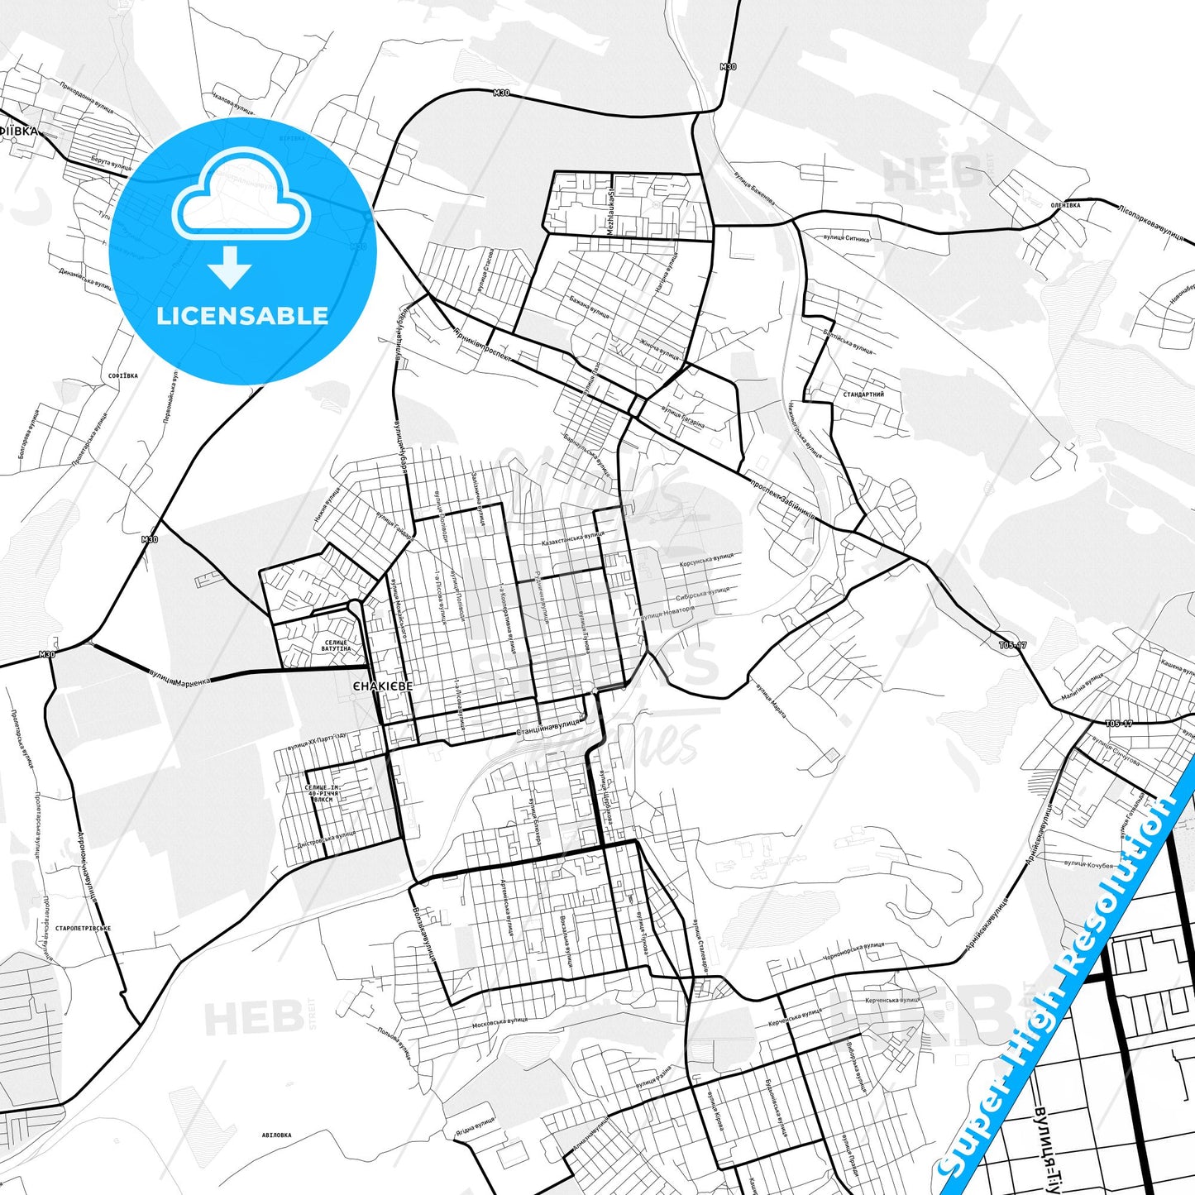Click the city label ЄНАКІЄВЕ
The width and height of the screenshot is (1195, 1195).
pyautogui.click(x=380, y=686)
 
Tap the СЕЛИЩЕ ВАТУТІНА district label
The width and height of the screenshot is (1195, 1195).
pyautogui.click(x=336, y=645)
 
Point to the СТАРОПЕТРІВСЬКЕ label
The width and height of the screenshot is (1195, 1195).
pyautogui.click(x=84, y=929)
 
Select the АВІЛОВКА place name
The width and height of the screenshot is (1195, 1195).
pyautogui.click(x=276, y=1135)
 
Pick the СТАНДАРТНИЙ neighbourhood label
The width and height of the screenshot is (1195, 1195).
pyautogui.click(x=863, y=394)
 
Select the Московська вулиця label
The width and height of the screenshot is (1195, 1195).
pyautogui.click(x=500, y=1025)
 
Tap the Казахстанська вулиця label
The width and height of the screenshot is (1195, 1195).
pyautogui.click(x=572, y=539)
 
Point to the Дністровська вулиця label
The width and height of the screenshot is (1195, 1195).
pyautogui.click(x=326, y=841)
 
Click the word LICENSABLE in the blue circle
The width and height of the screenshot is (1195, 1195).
pyautogui.click(x=242, y=316)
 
